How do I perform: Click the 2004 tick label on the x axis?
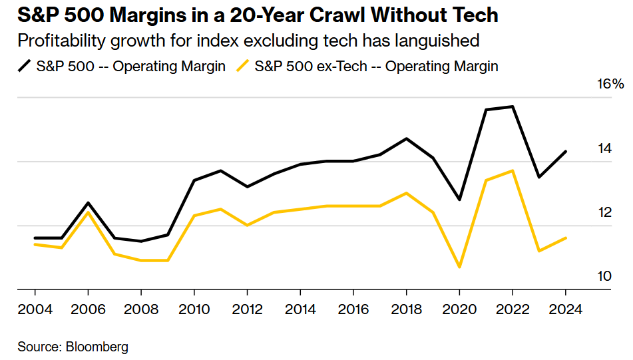pyautogui.click(x=35, y=309)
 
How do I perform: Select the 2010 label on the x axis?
pyautogui.click(x=194, y=309)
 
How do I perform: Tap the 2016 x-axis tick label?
pyautogui.click(x=353, y=309)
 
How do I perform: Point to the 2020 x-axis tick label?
pyautogui.click(x=459, y=309)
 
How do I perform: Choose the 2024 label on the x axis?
pyautogui.click(x=565, y=309)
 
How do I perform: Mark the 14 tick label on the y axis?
pyautogui.click(x=604, y=148)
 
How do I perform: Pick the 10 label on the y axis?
pyautogui.click(x=604, y=275)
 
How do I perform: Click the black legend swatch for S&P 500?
pyautogui.click(x=26, y=66)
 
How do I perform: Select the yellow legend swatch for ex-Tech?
pyautogui.click(x=244, y=66)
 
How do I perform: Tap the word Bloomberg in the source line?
pyautogui.click(x=98, y=347)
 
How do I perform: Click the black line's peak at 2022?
pyautogui.click(x=513, y=106)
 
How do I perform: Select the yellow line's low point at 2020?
pyautogui.click(x=459, y=267)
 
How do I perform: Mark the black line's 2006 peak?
pyautogui.click(x=88, y=202)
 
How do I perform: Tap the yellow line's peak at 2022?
pyautogui.click(x=513, y=170)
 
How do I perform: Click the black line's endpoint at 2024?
pyautogui.click(x=565, y=152)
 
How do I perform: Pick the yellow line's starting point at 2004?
pyautogui.click(x=35, y=244)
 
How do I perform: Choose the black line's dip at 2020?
pyautogui.click(x=459, y=200)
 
